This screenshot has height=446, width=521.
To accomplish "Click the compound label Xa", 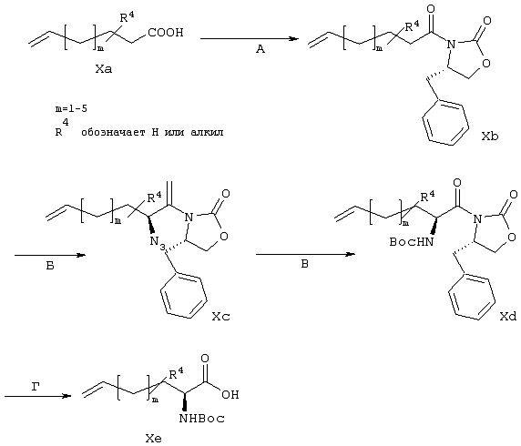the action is pos(104,69).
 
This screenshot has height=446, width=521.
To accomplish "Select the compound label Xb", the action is pos(490,136).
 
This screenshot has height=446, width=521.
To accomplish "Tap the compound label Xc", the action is pos(221,317).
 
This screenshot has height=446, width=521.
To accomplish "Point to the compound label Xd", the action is pos(508,317).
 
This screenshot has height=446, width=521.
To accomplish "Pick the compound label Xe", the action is pos(154,439).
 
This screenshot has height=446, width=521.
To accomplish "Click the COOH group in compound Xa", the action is pos(166,33).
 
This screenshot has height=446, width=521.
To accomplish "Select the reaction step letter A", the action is pos(260,49).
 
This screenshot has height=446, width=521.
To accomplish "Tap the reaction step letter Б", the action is pos(50,266).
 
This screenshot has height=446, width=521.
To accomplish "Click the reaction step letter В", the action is pos(304,264).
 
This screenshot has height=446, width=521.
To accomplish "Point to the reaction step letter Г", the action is pos(36,387).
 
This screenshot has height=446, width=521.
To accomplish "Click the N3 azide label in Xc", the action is pos(156,242).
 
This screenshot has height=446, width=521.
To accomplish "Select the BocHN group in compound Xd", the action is pos(412,242).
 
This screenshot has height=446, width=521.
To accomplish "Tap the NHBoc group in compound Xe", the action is pos(201,419).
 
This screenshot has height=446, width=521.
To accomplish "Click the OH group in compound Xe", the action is pos(230,394).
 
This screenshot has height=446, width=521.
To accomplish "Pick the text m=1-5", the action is pos(71,108).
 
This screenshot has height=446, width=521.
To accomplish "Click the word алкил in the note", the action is pos(207,132).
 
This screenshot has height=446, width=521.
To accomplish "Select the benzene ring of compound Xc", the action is pos(184,296).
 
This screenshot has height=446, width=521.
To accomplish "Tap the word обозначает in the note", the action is pos(113,132).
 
